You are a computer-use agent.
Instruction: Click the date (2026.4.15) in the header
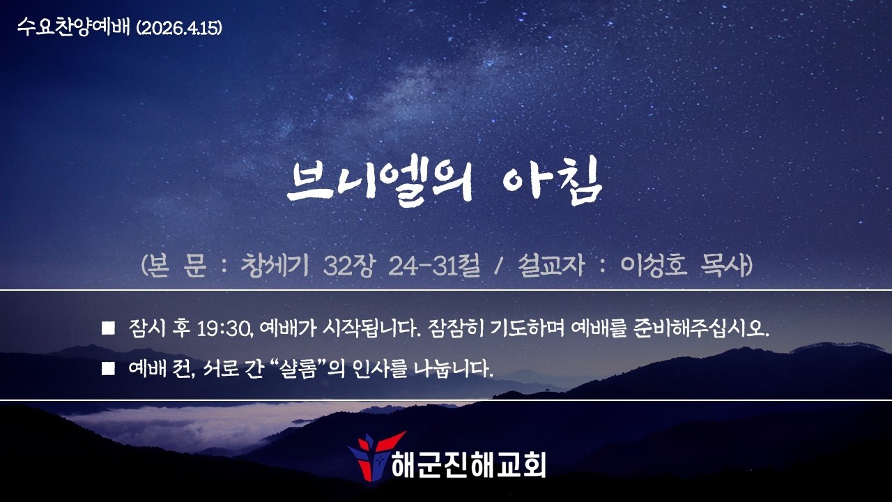[x=179, y=29]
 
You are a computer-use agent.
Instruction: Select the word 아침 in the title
[x=551, y=183]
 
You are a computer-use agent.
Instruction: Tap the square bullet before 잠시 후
[x=108, y=328]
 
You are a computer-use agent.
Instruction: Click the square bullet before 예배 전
[x=108, y=369]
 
